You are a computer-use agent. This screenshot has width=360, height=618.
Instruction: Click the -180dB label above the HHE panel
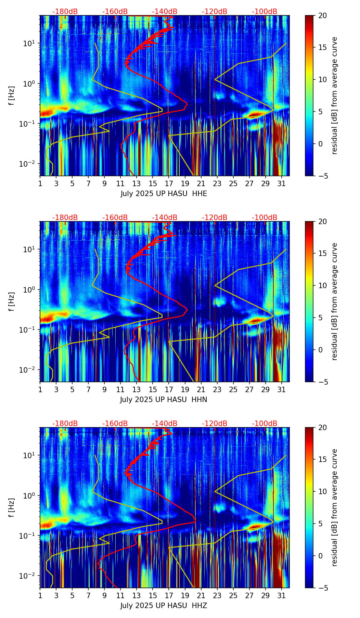tap(65, 12)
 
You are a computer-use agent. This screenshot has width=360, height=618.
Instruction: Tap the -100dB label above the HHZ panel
tap(265, 424)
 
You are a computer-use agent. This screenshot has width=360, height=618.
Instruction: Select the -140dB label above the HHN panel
tap(165, 218)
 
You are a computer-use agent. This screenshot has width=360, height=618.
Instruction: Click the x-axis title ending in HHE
tap(164, 194)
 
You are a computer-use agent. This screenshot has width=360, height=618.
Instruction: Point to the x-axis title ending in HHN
tap(164, 400)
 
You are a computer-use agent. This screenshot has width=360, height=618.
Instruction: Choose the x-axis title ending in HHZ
tap(164, 606)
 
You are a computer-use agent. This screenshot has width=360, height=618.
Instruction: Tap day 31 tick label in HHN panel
tap(282, 390)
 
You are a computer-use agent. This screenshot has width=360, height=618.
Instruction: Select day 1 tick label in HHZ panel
tap(40, 596)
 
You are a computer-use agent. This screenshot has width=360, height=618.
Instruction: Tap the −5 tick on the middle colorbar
tap(323, 382)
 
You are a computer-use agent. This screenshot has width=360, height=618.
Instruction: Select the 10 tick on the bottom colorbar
tap(323, 491)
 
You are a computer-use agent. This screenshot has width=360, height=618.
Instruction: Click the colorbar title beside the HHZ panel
tap(335, 507)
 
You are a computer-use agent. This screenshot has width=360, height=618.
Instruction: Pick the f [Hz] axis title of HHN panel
tap(12, 301)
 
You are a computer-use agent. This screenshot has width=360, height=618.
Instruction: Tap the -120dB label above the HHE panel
tap(215, 12)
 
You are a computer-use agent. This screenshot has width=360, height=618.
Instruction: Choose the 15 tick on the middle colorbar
tap(323, 254)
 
